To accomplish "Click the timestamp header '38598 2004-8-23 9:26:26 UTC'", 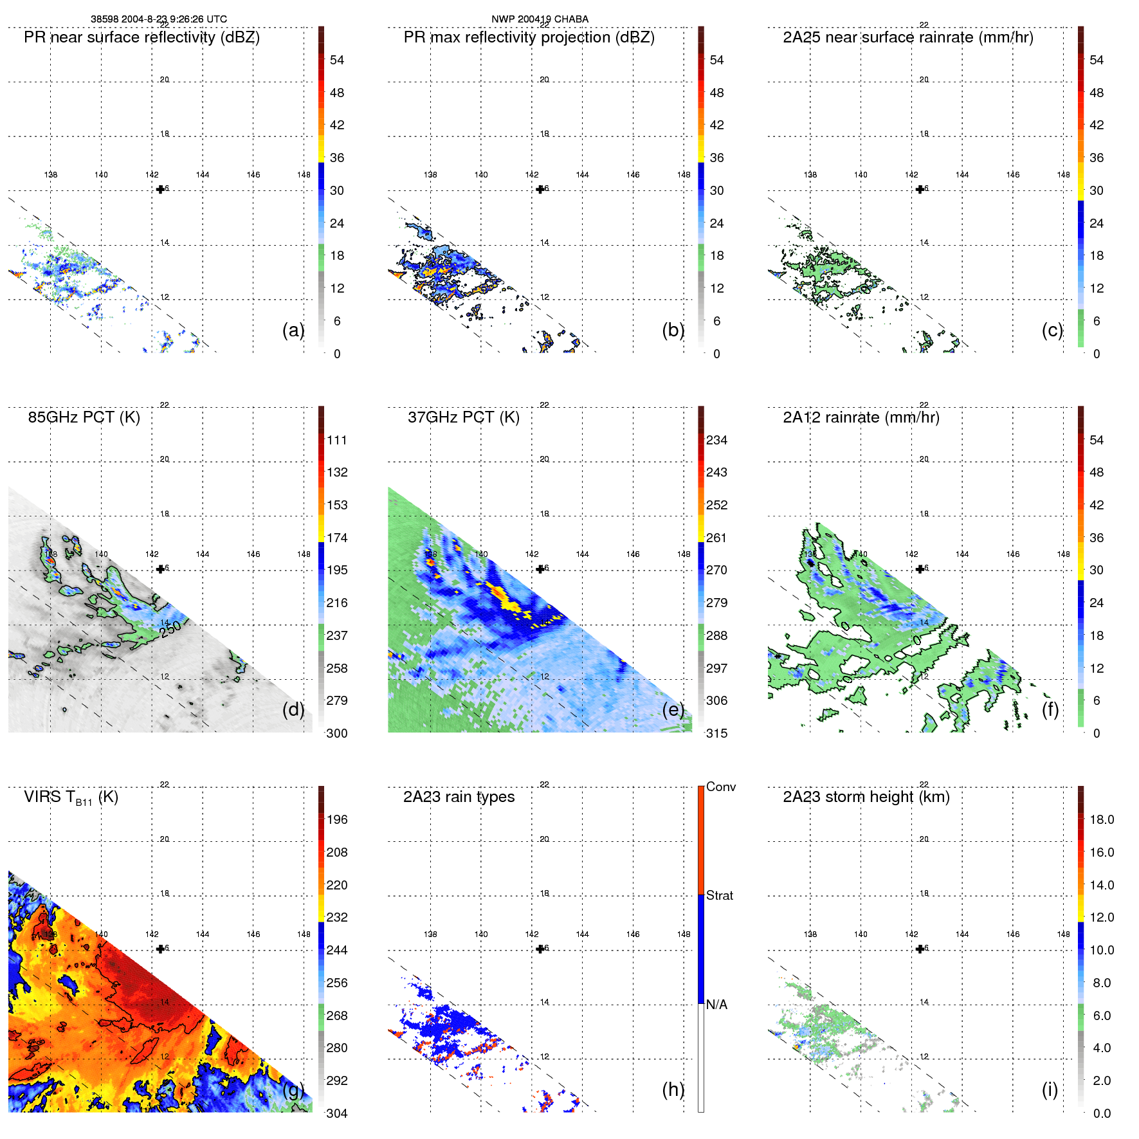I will click(158, 19).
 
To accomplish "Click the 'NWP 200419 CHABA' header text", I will click(540, 19).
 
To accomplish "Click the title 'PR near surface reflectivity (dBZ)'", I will click(141, 37).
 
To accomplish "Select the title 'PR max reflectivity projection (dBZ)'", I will click(529, 37).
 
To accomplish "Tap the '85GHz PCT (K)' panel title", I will click(84, 417).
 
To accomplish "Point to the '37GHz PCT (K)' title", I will click(463, 417).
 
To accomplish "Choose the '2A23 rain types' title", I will click(459, 797).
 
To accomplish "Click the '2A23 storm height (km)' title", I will click(866, 797).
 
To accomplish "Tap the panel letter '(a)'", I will click(293, 331).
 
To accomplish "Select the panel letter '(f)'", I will click(1050, 710).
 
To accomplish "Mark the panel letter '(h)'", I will click(673, 1089).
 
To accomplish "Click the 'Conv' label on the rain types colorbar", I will click(720, 787).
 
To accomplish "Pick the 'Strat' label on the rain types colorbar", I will click(719, 895).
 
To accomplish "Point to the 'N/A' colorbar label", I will click(716, 1005).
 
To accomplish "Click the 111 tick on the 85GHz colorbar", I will click(336, 441).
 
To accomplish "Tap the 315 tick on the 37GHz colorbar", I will click(716, 733).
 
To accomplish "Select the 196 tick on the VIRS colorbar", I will click(336, 820).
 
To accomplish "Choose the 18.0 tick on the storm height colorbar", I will click(1101, 820).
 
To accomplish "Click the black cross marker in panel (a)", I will click(160, 189).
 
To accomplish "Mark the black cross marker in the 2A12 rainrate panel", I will click(920, 569).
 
